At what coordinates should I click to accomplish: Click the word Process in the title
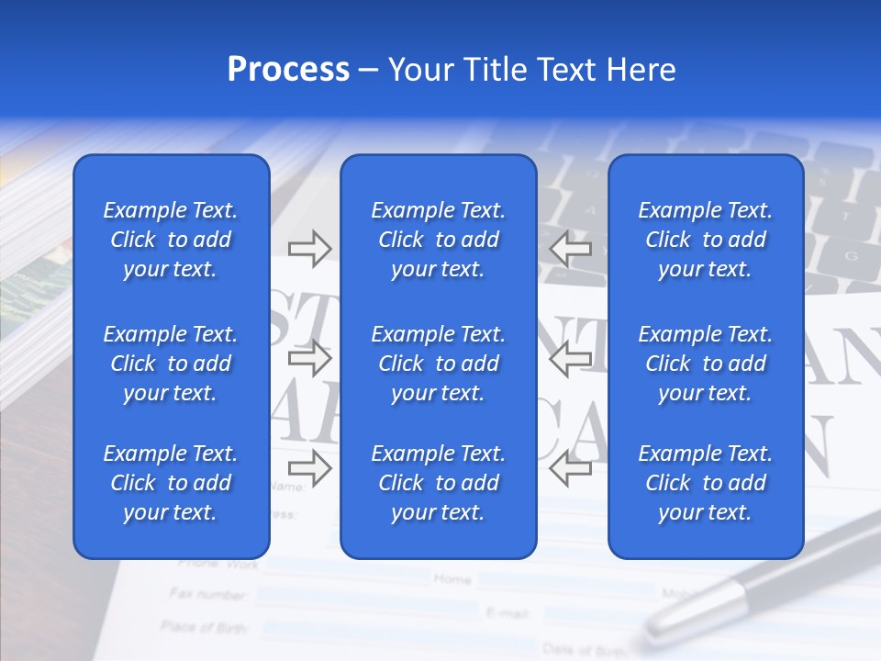point(288,70)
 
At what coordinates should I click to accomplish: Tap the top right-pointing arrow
point(309,248)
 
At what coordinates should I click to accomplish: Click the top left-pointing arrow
point(570,248)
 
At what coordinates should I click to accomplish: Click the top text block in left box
point(171,240)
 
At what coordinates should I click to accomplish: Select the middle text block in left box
point(171,364)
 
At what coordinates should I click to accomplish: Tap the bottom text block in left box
point(171,483)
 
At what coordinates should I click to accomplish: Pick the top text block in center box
point(438,240)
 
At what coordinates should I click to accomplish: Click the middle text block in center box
point(438,364)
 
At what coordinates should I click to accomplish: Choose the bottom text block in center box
point(438,483)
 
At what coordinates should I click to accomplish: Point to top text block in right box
point(705,240)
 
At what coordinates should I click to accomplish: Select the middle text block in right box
point(705,364)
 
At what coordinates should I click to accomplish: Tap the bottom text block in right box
point(705,483)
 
